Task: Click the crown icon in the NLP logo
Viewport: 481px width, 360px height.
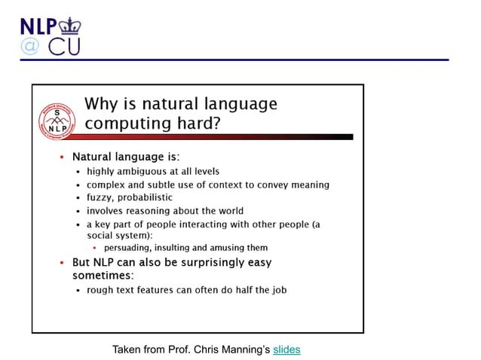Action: pos(69,25)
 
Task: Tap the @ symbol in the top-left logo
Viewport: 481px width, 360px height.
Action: pos(29,46)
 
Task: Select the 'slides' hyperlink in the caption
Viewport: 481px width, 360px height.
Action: pos(286,349)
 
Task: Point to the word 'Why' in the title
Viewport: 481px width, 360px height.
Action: pos(101,104)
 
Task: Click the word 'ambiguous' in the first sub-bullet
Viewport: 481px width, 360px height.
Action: pos(142,171)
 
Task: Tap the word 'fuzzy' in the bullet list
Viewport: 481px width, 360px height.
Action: pos(100,197)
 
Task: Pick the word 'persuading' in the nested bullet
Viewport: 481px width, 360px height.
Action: pos(128,248)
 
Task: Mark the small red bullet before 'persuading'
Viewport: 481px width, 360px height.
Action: pos(94,248)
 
